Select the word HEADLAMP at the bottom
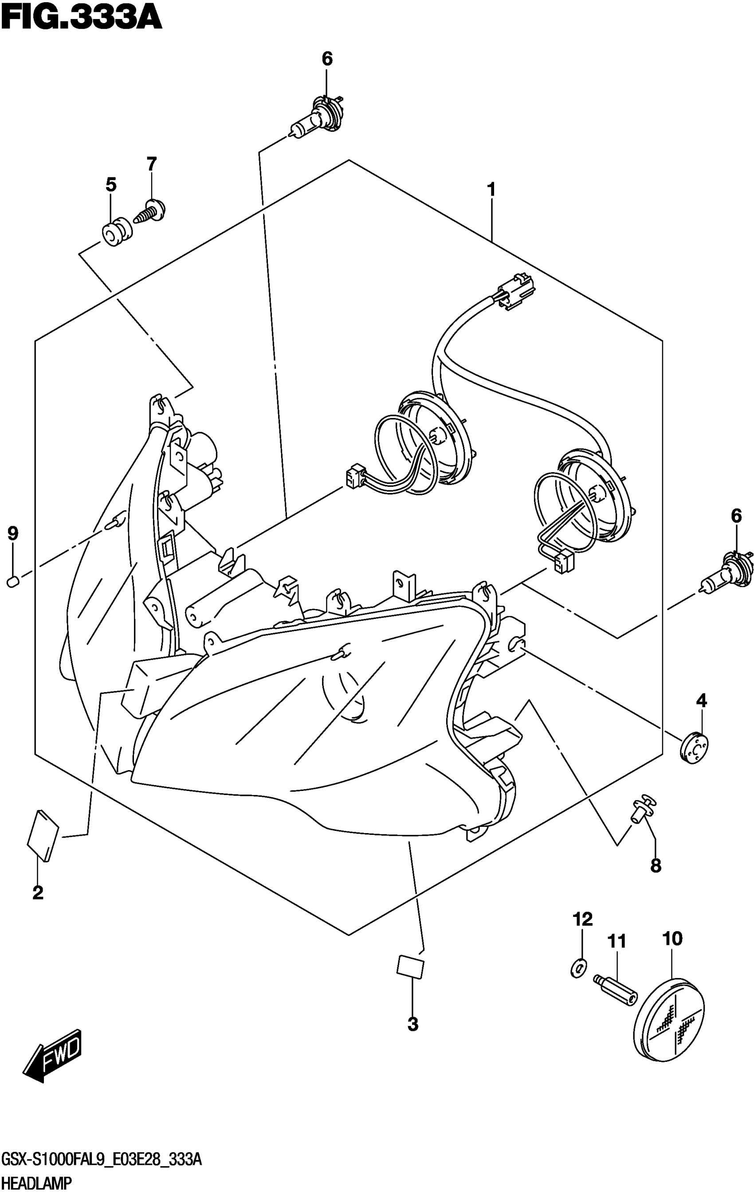point(37,1185)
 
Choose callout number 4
point(701,701)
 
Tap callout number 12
point(583,920)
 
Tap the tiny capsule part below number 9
point(13,580)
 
